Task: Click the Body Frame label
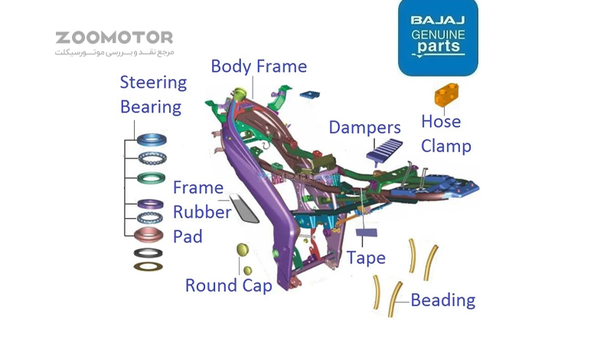259,67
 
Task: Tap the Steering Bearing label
153,94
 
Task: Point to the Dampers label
365,127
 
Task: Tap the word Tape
366,258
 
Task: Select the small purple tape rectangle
367,231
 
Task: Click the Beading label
442,299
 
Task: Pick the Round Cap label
228,286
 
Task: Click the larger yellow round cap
243,250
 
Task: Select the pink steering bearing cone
149,234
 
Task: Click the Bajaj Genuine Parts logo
438,38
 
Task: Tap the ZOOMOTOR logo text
114,38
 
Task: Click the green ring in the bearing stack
150,178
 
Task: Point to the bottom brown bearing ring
148,267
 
